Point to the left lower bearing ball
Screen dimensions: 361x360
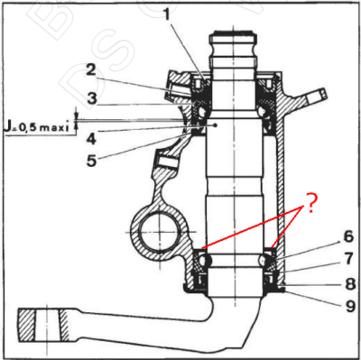click(x=205, y=260)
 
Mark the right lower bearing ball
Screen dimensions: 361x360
click(x=266, y=260)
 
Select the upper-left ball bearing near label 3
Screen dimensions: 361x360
click(x=200, y=111)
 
